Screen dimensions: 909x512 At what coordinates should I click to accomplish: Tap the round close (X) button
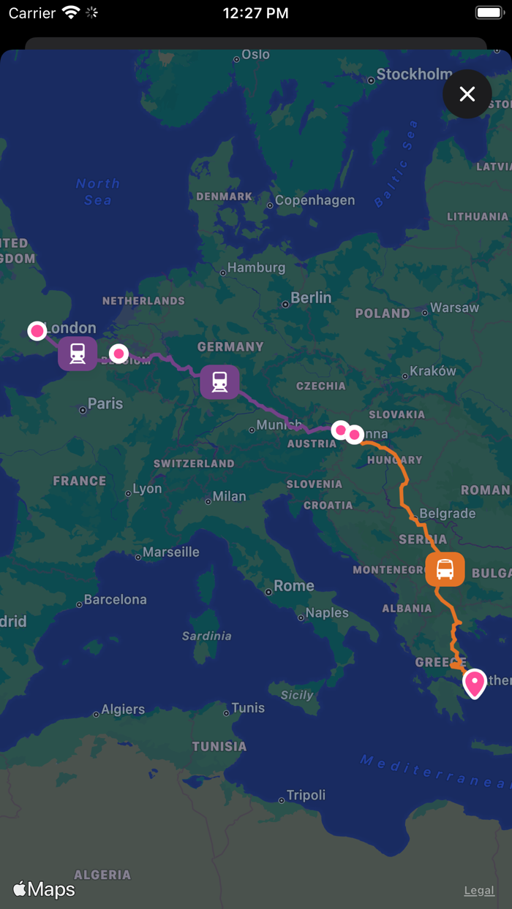point(467,94)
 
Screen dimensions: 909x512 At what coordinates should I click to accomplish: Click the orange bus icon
point(445,569)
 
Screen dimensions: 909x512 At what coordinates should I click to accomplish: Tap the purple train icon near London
point(78,354)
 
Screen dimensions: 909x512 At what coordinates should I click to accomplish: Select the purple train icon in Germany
point(219,381)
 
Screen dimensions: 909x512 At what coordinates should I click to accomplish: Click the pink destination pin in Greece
point(475,683)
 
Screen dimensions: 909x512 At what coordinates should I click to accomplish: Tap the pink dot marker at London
point(37,331)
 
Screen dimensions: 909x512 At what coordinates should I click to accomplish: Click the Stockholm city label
point(414,74)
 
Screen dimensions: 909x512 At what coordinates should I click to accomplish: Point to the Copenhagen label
point(315,200)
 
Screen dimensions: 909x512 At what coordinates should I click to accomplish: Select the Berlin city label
point(311,297)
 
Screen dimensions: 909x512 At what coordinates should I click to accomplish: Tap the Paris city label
point(105,403)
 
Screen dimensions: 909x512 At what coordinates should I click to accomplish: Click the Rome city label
point(293,585)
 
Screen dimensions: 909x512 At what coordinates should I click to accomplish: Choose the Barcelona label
point(115,599)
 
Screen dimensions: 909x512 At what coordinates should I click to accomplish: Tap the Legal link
point(479,890)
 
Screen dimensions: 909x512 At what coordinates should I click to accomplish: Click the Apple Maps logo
point(44,889)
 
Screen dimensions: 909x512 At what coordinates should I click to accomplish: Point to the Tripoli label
point(306,795)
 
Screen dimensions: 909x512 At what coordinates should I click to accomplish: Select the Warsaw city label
point(454,308)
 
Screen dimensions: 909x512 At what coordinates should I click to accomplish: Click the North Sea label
point(98,191)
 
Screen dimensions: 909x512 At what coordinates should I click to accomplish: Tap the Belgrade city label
point(448,514)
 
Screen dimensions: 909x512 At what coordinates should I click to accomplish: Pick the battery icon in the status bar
point(489,13)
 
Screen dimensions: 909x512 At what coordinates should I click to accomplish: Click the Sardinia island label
point(206,636)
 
